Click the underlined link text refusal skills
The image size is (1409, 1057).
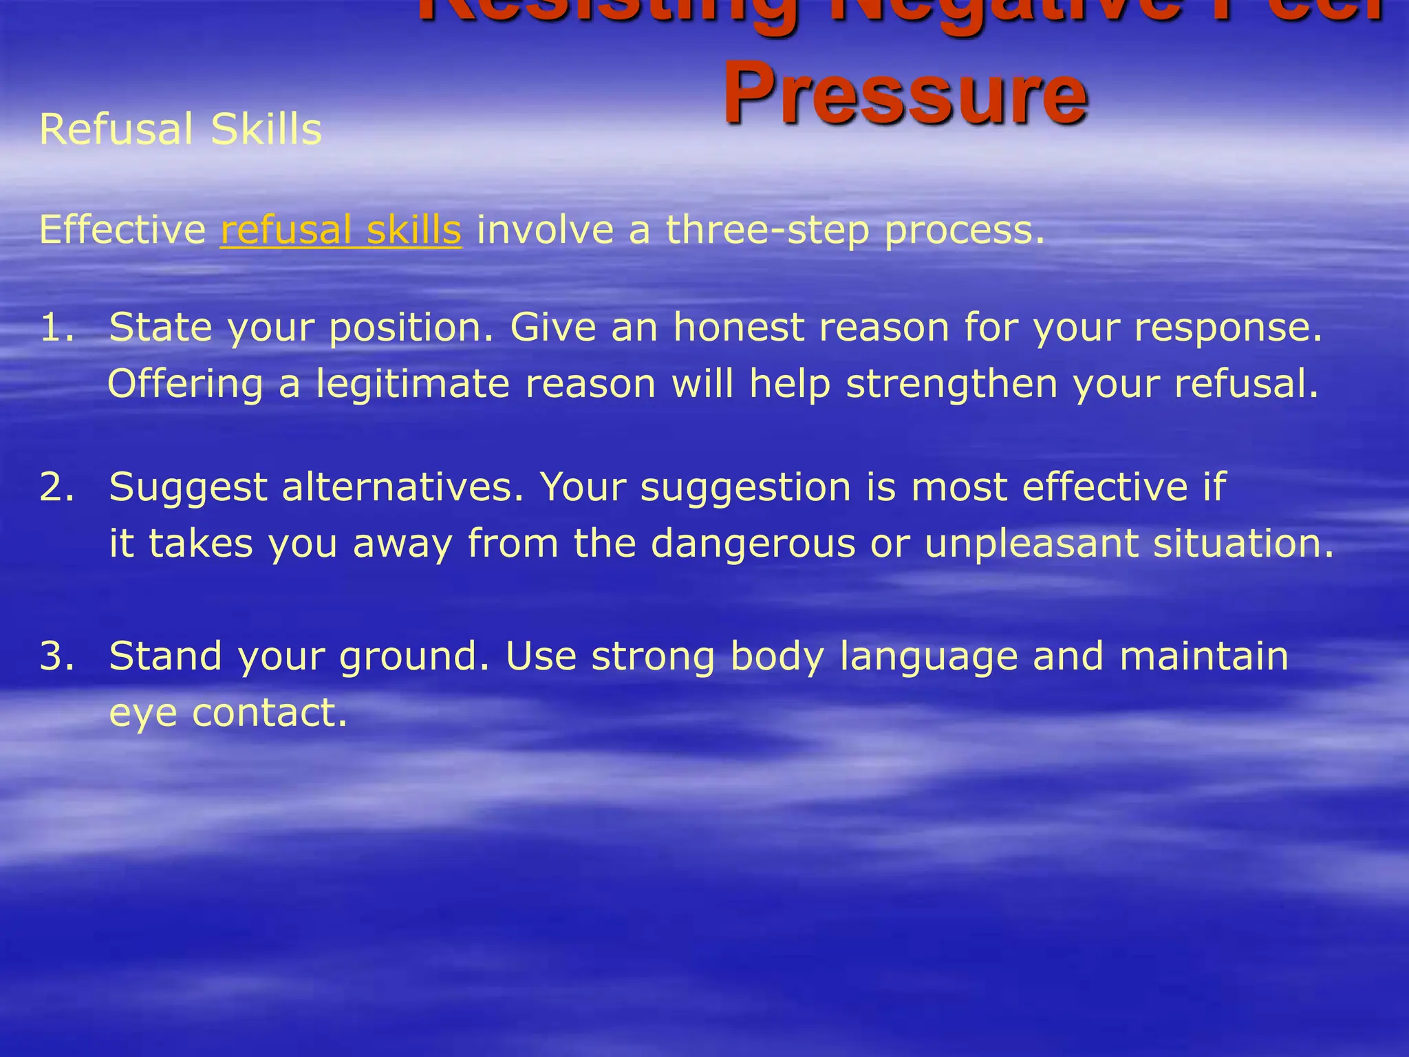tap(341, 230)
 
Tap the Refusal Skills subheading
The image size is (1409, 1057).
tap(181, 129)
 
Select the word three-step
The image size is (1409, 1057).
tap(767, 230)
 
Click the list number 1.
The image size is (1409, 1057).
tap(56, 327)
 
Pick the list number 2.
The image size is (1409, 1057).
tap(56, 487)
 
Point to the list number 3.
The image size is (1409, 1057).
tap(56, 656)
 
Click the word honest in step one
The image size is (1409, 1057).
tap(738, 327)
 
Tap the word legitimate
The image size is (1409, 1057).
tap(413, 384)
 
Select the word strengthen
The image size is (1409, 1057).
tap(951, 384)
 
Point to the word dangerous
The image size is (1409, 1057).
tap(753, 544)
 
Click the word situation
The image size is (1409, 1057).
tap(1243, 544)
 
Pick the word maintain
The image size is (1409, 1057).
tap(1203, 656)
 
